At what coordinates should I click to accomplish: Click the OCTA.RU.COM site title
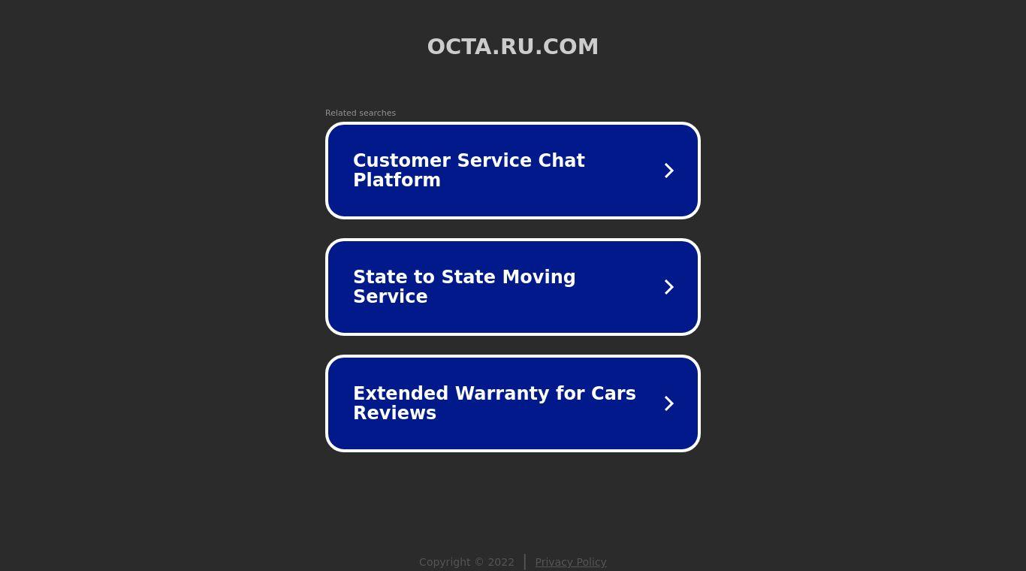[512, 47]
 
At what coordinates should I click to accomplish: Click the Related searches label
[361, 113]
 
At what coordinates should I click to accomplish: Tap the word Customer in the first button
[402, 160]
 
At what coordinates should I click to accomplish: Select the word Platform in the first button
[397, 180]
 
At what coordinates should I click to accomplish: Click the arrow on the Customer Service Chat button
[668, 171]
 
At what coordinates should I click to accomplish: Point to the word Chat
[561, 160]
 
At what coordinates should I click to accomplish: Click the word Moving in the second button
[539, 277]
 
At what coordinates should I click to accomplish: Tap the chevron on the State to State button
[668, 287]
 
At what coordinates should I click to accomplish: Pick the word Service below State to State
[391, 297]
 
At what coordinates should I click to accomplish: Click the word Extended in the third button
[400, 393]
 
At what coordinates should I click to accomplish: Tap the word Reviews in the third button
[394, 413]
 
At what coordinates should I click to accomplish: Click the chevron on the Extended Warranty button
[668, 403]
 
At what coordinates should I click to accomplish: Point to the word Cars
[614, 393]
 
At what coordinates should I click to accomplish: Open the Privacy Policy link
[571, 562]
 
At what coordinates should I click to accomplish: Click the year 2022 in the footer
[501, 562]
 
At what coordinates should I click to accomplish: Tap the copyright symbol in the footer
[479, 562]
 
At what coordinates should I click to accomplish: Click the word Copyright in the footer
[445, 562]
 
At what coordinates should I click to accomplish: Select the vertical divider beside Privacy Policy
[524, 562]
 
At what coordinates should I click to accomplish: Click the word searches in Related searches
[378, 113]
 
